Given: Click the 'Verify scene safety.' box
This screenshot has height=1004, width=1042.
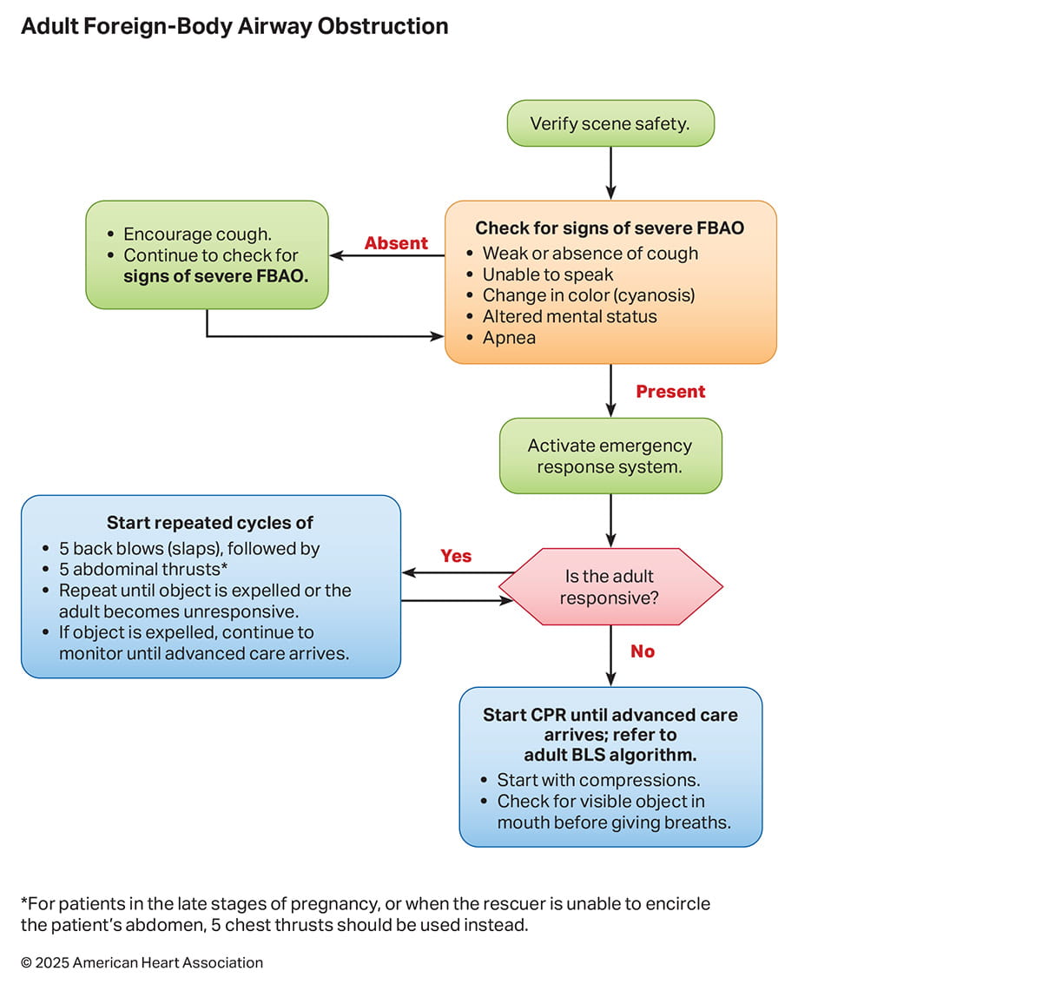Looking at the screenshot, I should pos(610,123).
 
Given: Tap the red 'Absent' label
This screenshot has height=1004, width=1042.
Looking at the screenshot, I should pos(396,243).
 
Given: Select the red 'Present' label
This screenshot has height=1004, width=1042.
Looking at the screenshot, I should pos(670,392).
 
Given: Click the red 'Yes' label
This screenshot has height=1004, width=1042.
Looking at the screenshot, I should pos(456,556).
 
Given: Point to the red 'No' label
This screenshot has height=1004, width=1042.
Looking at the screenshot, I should pos(643,651).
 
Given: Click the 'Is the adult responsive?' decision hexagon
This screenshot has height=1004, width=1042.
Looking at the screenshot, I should pos(610,587).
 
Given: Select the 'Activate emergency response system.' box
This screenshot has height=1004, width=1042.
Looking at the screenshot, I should pos(610,456).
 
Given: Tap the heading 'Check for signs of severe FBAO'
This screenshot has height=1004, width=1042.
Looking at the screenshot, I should pos(610,228).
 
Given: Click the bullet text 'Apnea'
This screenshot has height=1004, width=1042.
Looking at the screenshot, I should pos(509,338).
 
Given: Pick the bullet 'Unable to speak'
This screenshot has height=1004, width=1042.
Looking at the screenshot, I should pos(548,274).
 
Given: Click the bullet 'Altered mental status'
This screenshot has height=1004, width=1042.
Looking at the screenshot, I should pos(570,317).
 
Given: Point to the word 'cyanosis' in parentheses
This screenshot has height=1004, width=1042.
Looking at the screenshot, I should pos(658,295).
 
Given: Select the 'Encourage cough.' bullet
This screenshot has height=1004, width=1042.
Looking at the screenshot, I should pos(197,234).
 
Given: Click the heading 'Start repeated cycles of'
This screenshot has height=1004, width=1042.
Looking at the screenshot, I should pos(210,523).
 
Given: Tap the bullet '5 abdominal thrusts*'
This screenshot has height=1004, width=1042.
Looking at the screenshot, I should pos(143,570).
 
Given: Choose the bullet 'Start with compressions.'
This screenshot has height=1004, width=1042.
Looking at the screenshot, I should pos(598,780).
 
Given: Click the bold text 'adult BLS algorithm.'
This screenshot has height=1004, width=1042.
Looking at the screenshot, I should pos(610,755).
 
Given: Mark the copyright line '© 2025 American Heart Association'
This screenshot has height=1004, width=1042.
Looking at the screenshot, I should pos(142,962).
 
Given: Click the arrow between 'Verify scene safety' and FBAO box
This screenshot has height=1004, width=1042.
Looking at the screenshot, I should pos(610,174).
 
